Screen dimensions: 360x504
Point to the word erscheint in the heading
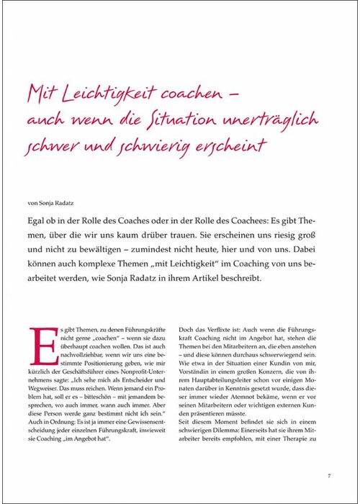tap(231, 144)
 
